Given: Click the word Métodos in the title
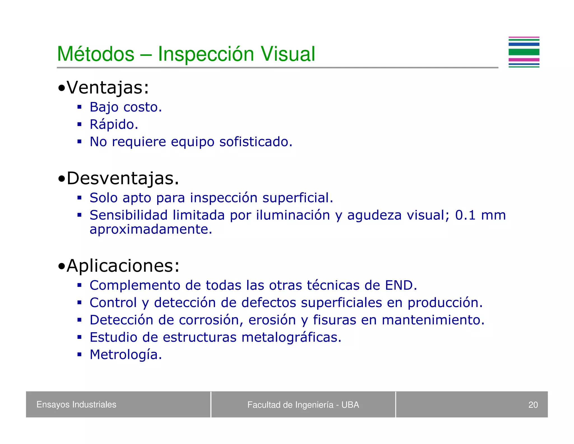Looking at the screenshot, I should coord(96,54).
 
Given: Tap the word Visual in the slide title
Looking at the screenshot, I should coord(288,54).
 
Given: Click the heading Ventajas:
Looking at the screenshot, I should coord(108,88).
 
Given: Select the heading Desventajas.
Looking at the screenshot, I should coord(122,178).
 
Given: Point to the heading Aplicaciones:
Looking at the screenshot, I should coord(123,266).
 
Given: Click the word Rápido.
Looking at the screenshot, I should coord(114,125).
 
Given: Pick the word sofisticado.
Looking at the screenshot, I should coord(256,142).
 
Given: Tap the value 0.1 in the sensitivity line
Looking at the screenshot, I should coord(465,215).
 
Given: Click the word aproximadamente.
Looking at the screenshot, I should coord(151,230).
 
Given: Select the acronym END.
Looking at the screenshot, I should coord(401,285).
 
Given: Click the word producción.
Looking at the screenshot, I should coord(445,303).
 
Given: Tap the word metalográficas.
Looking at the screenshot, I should coord(291,337).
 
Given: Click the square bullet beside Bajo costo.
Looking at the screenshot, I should coord(80,107).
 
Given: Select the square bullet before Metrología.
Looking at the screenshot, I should coord(80,354).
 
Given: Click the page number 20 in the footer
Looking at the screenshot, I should coord(533,405).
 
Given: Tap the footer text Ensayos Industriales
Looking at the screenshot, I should coord(76,404).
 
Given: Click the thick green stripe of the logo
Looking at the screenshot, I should coord(524,52).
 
